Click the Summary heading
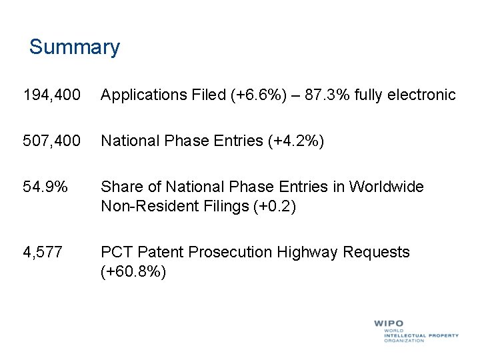tap(74, 47)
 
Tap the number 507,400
tap(51, 141)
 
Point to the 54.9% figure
tap(45, 187)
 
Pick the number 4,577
tap(43, 252)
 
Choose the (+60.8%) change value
tap(133, 272)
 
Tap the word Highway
tap(308, 252)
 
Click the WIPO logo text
tap(388, 324)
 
